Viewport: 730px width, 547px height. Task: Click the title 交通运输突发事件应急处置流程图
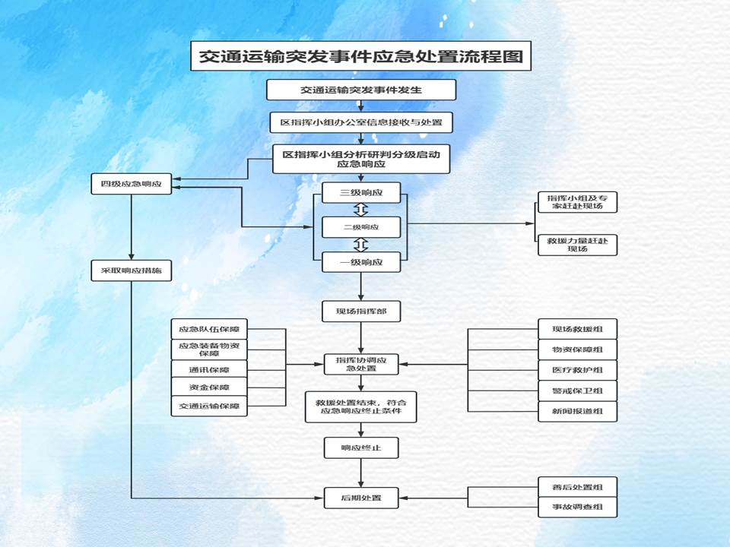pos(360,56)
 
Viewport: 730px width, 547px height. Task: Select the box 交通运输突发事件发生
pos(360,90)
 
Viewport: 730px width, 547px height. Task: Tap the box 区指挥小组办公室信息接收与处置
pos(360,122)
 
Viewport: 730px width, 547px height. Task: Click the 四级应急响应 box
pos(132,185)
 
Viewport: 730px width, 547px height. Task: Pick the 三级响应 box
pos(360,193)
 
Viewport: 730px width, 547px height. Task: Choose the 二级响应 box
pos(360,227)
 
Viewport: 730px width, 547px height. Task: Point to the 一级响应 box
pos(360,262)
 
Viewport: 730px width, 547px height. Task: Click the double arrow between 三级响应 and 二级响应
pos(360,210)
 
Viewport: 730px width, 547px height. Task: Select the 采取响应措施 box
pos(132,270)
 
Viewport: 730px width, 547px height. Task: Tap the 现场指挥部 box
pos(360,311)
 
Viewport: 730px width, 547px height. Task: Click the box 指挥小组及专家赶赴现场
pos(577,202)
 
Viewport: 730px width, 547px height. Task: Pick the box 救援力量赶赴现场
pos(577,245)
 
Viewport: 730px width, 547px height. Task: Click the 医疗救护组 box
pos(577,370)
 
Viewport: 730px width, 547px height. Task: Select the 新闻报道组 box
pos(577,411)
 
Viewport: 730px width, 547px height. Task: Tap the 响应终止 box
pos(360,448)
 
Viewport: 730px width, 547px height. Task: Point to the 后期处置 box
pos(360,498)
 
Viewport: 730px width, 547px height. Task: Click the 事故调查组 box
pos(577,507)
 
